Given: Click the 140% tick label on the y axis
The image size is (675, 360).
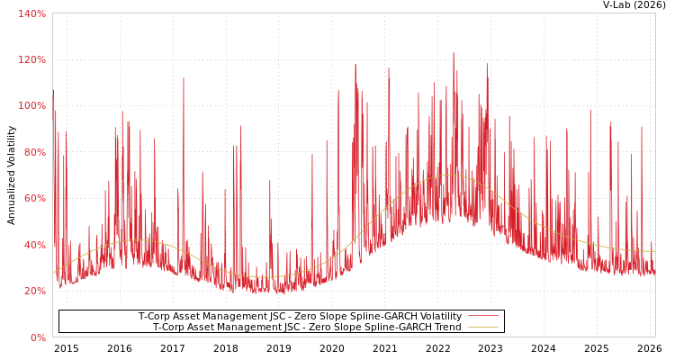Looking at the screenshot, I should tap(31, 13).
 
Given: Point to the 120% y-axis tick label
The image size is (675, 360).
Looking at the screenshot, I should tap(31, 59).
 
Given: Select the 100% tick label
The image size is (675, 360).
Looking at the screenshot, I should tap(31, 105).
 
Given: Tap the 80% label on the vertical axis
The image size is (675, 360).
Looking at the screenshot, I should tap(33, 152).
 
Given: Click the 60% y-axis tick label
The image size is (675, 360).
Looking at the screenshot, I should tap(33, 198).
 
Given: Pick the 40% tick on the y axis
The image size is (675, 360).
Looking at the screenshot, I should tap(33, 245).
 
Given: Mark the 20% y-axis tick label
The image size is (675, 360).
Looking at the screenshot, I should tap(33, 291).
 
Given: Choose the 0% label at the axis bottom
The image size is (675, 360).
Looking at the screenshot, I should tap(37, 337).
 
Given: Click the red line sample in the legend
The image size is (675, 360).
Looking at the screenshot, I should tap(482, 317).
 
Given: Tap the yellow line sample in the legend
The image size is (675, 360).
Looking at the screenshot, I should tap(482, 328).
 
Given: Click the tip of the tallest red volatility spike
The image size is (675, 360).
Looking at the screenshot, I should tap(454, 53).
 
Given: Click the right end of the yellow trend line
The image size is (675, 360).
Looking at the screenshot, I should tap(654, 251).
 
